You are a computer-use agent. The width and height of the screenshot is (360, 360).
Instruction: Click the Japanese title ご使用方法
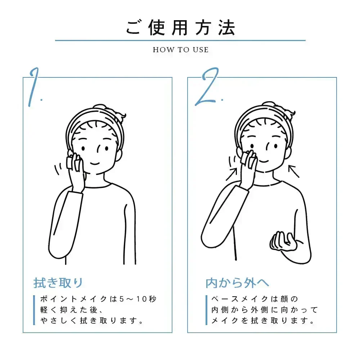coord(180,28)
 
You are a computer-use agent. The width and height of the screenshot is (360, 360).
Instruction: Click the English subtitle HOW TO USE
coord(181,50)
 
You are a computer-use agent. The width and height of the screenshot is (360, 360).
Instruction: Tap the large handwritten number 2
coord(208,87)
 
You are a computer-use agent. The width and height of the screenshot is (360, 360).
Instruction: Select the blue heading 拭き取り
coord(58,283)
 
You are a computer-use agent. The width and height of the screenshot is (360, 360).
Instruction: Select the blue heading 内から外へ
coord(237,283)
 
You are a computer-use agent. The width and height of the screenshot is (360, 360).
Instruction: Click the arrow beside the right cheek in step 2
coord(294,171)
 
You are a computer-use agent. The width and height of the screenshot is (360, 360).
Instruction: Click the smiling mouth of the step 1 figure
coord(95,163)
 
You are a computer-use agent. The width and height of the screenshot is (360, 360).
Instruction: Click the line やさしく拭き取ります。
coord(92,320)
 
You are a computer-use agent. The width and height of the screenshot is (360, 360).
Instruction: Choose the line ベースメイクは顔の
coord(255,299)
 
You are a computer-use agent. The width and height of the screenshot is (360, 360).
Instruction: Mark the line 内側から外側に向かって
coord(265,310)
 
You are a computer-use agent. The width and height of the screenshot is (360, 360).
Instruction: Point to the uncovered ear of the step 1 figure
coord(119,155)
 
